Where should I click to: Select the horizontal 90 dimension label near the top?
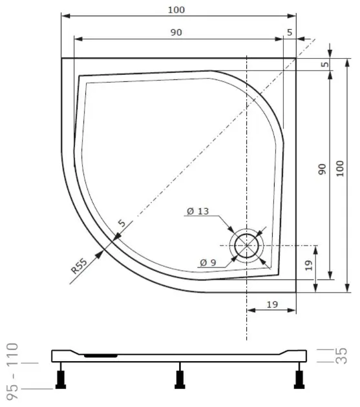click(176, 32)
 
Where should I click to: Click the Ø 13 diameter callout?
click(198, 211)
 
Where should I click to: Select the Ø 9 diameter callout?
click(208, 263)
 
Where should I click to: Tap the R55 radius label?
click(79, 266)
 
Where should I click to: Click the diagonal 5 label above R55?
click(122, 223)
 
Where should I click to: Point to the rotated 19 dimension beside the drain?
click(308, 266)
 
